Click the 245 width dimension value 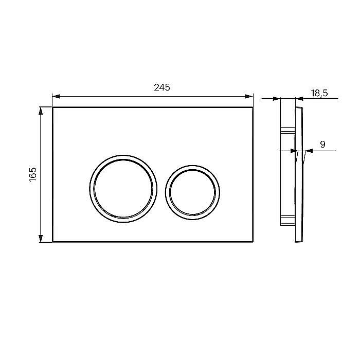(x=162, y=87)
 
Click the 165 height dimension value (x=33, y=174)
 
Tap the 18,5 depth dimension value (x=319, y=93)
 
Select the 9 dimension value (x=322, y=144)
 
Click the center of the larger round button (x=123, y=189)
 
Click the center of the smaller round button (x=192, y=192)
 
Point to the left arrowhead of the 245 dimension (x=56, y=97)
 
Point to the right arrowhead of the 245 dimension (x=249, y=97)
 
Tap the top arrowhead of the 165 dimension (x=41, y=111)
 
